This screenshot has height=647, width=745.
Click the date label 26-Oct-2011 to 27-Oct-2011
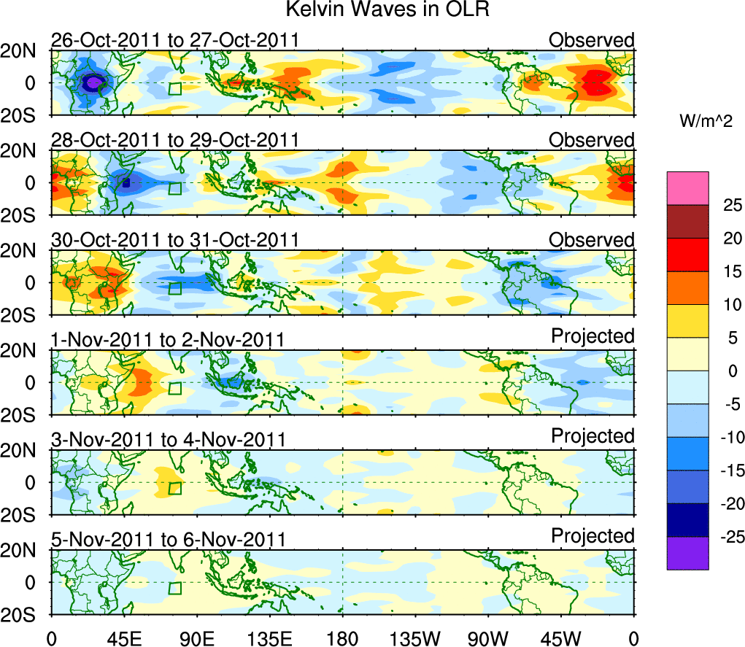(175, 40)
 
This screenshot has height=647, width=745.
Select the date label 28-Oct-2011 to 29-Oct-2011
(175, 139)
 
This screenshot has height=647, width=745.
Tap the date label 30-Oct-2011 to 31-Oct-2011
(175, 239)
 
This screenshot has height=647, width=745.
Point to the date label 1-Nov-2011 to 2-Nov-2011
(168, 339)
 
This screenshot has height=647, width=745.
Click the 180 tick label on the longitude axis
(342, 638)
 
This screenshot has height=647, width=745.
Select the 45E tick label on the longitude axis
(124, 638)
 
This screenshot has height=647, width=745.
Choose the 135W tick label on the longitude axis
(415, 638)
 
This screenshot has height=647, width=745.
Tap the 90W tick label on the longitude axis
(488, 638)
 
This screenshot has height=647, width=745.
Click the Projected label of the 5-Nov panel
(592, 536)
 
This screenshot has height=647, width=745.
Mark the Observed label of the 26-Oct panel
(592, 40)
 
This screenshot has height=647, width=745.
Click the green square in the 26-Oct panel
(174, 88)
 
